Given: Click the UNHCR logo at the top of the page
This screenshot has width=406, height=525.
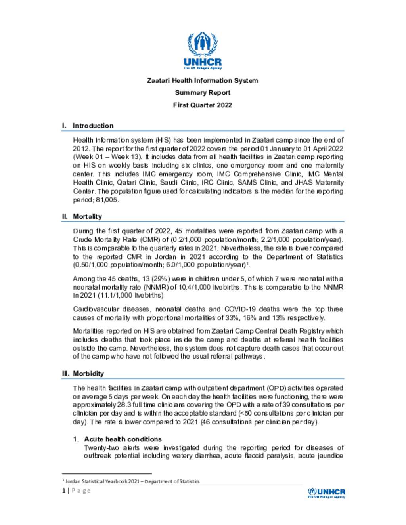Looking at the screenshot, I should (x=203, y=50).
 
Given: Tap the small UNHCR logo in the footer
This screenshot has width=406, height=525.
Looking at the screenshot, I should (x=326, y=493).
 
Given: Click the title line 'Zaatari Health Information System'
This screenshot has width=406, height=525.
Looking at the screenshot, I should (x=202, y=80).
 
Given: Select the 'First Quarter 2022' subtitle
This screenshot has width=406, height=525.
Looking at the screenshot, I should (x=202, y=105).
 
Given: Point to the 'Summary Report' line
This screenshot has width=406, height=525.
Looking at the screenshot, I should (x=202, y=93).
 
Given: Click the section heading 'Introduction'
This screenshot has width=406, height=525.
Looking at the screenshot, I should (x=93, y=126).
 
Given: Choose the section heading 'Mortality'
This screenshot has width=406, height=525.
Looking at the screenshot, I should (x=87, y=216).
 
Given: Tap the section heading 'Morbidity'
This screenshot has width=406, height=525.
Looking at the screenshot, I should (x=88, y=373).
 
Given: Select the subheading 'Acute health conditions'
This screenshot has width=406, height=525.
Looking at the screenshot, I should (x=123, y=439).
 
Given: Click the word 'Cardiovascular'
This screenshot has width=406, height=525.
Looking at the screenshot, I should (x=92, y=309).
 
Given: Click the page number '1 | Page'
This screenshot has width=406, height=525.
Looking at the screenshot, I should (x=77, y=491).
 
